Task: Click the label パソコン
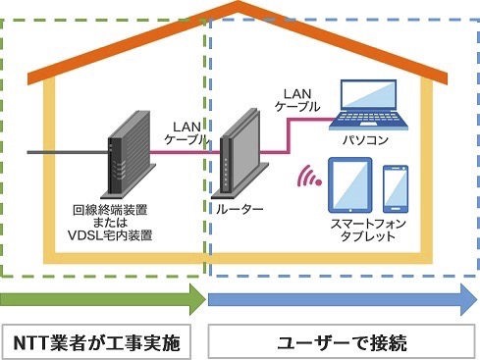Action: coord(363,140)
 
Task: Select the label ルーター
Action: coord(239,209)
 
